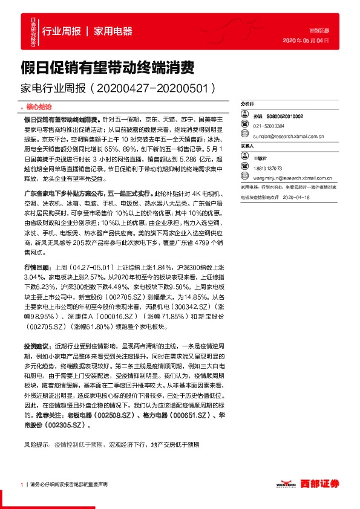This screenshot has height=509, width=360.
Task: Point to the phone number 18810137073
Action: [x=269, y=168]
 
